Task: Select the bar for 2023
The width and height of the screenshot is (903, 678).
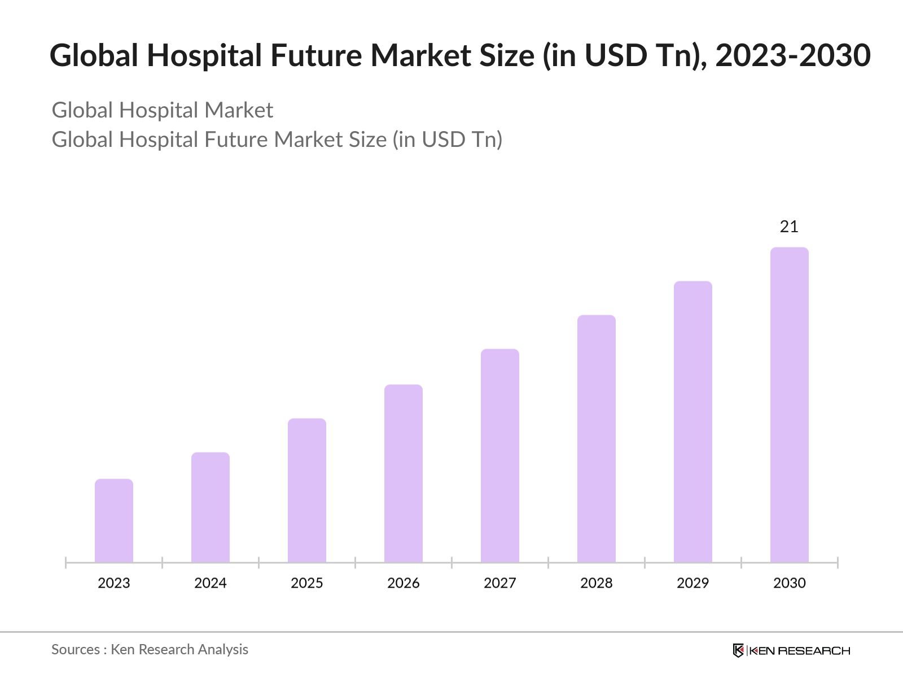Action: click(114, 520)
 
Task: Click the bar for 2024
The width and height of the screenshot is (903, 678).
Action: click(211, 507)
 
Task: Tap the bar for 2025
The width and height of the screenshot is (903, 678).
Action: click(307, 490)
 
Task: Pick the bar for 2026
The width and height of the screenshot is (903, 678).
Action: click(404, 473)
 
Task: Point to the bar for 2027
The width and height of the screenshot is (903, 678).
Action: click(500, 455)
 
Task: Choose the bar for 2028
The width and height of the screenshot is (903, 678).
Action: click(597, 438)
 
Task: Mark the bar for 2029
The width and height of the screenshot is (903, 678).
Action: click(693, 421)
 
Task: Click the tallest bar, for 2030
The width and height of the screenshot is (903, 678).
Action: click(790, 405)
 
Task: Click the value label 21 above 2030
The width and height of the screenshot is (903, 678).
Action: click(789, 227)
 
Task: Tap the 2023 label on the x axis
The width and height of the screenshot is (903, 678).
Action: click(114, 583)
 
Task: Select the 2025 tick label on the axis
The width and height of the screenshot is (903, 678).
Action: click(307, 583)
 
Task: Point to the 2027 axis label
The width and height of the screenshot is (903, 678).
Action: click(500, 583)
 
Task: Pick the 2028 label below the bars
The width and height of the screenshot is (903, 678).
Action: click(597, 583)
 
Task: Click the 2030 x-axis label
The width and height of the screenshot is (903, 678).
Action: click(790, 583)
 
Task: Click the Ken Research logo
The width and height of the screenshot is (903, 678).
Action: click(791, 650)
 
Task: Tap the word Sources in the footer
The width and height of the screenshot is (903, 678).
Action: click(76, 650)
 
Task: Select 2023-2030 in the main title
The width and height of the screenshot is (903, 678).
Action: click(793, 55)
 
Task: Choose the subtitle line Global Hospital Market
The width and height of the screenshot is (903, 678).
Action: click(163, 110)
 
